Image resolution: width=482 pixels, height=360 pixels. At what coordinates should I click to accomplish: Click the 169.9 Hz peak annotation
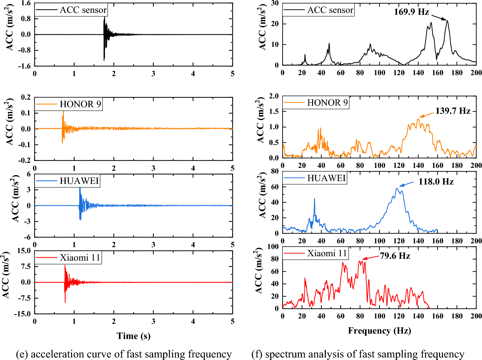tap(411, 12)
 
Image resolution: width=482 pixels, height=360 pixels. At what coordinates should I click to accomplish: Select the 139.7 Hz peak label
tap(452, 111)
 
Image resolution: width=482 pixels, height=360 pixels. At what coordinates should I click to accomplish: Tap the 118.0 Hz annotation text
tap(436, 182)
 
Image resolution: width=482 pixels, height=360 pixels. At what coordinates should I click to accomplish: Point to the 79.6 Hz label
tap(395, 256)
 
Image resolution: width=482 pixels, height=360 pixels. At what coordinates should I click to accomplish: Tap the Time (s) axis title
tap(133, 336)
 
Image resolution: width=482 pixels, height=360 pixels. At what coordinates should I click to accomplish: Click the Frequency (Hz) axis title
tap(379, 331)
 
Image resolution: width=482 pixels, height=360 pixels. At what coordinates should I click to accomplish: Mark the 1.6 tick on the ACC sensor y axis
tap(26, 3)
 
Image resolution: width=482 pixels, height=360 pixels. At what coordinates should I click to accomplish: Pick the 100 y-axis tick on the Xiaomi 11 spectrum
tap(273, 246)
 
